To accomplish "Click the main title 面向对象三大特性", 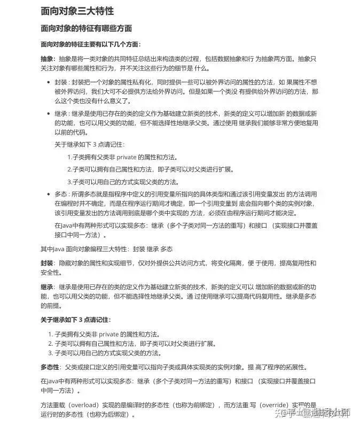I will [x=77, y=11].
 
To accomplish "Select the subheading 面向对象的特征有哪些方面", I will [x=87, y=28].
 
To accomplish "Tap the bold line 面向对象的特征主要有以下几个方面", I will [x=91, y=44].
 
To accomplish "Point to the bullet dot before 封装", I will [x=49, y=83].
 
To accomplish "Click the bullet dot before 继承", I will [x=49, y=114].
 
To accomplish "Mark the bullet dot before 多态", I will [x=49, y=193].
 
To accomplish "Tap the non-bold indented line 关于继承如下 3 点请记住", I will [x=89, y=144].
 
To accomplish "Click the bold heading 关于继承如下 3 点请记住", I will [x=76, y=320].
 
